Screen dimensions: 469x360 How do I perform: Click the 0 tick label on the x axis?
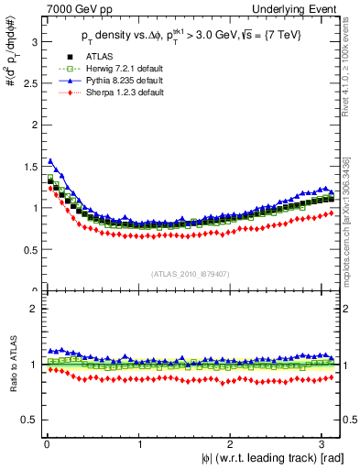[46, 444]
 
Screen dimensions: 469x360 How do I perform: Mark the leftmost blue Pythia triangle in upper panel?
[49, 160]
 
